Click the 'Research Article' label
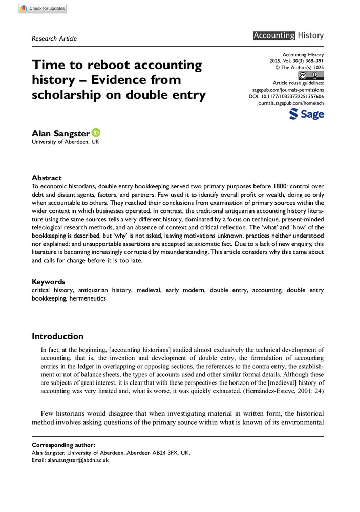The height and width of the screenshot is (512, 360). pos(54,38)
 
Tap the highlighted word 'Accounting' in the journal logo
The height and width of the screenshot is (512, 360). pos(274,35)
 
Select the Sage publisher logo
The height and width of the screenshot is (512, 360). pos(306,114)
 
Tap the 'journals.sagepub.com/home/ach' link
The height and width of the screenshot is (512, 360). pos(290,103)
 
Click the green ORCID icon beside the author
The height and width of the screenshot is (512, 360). pos(96,132)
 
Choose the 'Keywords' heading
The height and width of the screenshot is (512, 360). pos(49,282)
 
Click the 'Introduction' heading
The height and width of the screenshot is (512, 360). pos(57,336)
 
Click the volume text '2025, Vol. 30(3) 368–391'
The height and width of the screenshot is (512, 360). pos(292,60)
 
